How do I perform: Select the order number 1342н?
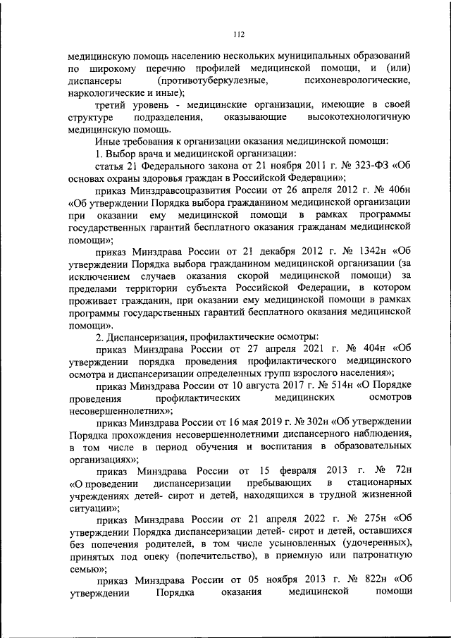(367, 252)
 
